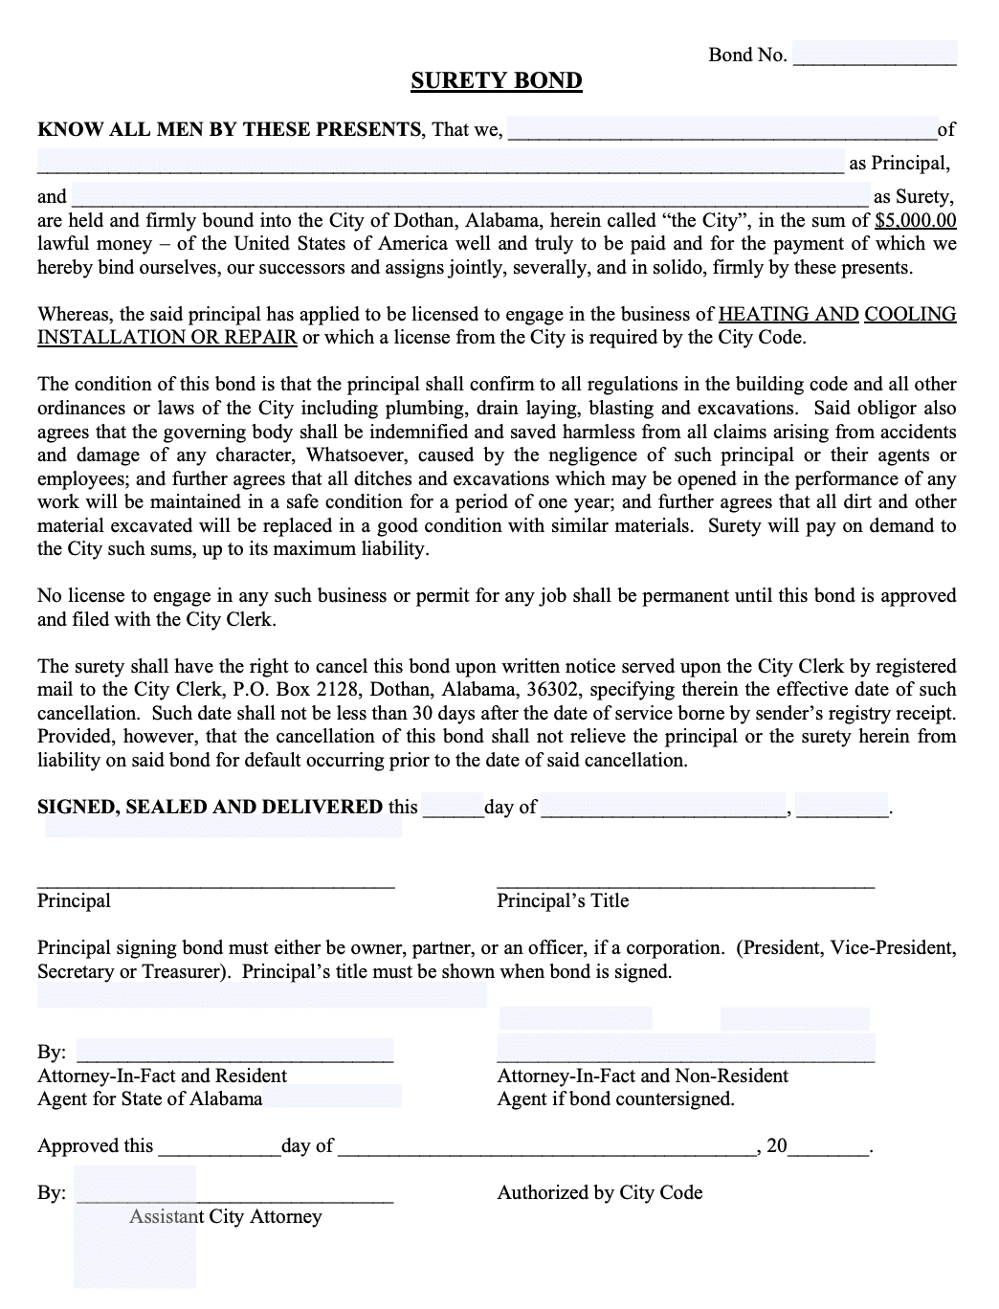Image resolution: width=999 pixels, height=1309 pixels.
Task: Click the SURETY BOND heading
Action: [x=496, y=81]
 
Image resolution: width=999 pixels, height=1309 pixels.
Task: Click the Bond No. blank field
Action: [x=875, y=55]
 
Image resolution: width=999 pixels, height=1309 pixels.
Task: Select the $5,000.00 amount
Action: [x=915, y=221]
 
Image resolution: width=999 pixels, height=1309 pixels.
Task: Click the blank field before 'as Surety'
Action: [x=469, y=196]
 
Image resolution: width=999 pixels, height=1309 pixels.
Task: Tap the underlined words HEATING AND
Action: [x=788, y=315]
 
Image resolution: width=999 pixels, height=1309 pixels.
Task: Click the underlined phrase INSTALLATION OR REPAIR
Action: [x=166, y=338]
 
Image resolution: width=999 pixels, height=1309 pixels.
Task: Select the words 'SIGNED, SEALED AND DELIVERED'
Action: [x=210, y=807]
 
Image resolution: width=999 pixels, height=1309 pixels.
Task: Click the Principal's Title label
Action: [x=563, y=900]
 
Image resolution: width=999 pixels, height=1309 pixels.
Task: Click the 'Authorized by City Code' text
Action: [x=599, y=1193]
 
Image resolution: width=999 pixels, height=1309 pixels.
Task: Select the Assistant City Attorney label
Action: [x=226, y=1217]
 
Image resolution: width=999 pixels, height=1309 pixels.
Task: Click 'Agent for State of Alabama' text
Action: [x=149, y=1099]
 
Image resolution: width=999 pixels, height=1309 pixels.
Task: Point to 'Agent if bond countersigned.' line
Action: [x=615, y=1099]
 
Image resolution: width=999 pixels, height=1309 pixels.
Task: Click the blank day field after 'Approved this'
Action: [x=218, y=1146]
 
